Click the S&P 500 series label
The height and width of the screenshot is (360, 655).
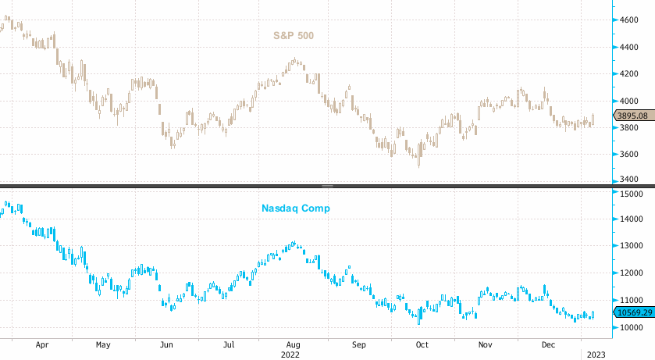tap(298, 35)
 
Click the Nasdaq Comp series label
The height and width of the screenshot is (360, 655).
tap(294, 209)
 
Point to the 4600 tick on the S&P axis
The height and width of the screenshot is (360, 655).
tap(630, 20)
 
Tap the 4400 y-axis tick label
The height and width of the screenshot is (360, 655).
tap(630, 47)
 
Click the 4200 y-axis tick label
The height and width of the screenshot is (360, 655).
tap(630, 73)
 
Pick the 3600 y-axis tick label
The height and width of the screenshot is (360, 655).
tap(630, 154)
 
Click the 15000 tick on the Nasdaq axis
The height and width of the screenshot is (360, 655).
tap(632, 192)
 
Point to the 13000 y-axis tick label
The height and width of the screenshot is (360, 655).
tap(632, 246)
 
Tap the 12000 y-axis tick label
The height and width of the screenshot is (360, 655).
tap(632, 273)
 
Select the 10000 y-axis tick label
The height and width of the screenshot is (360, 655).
tap(632, 327)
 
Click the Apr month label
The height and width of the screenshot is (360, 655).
tap(42, 344)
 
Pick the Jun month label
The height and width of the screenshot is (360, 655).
tap(166, 344)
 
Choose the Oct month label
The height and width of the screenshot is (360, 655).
tap(422, 344)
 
